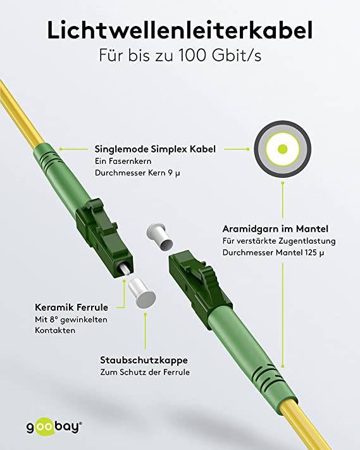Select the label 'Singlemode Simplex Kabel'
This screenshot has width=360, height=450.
click(155, 149)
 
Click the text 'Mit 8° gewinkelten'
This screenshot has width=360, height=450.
click(71, 320)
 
